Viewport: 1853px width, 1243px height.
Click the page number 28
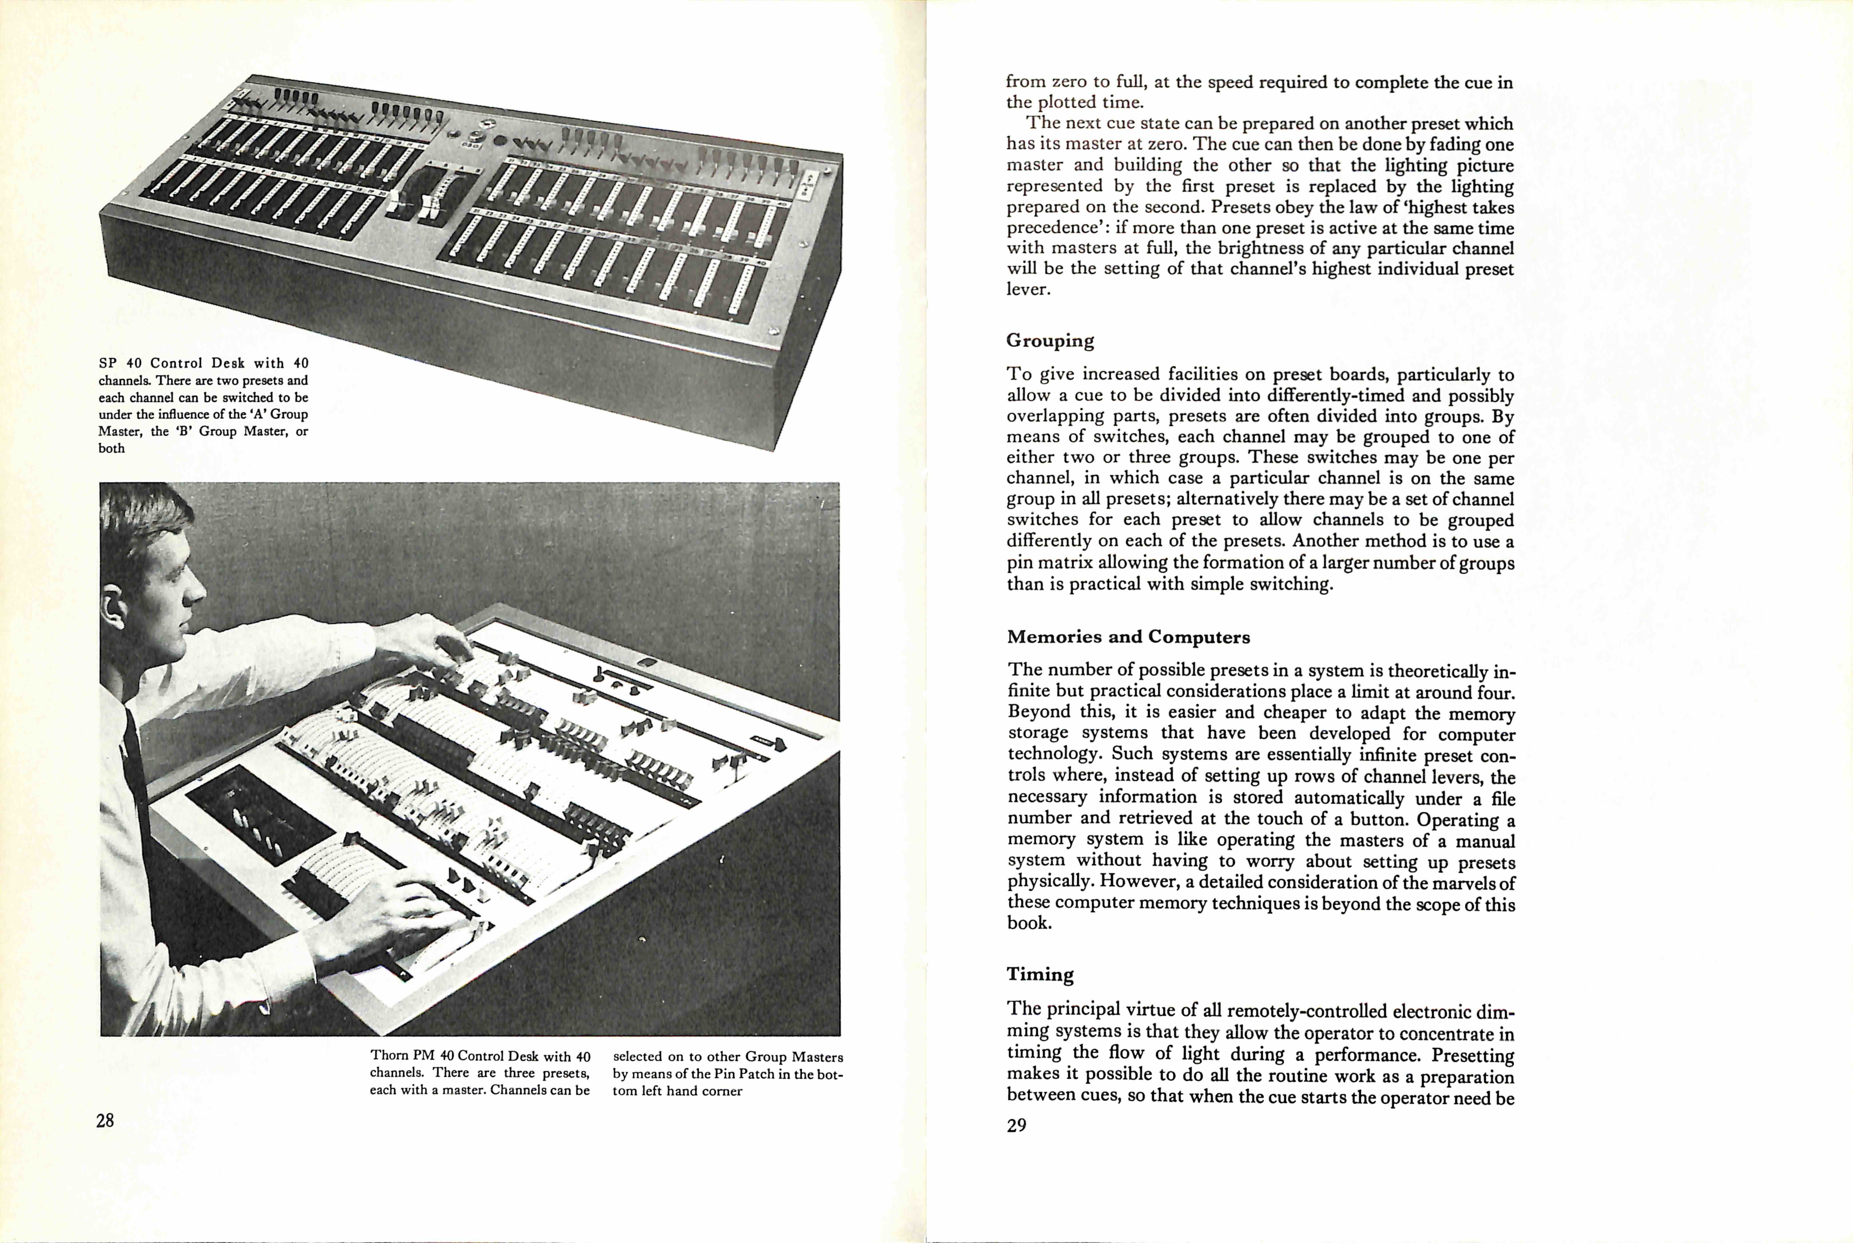coord(105,1120)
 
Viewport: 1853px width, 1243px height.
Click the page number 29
coord(1017,1125)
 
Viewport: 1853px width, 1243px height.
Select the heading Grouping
coord(1050,341)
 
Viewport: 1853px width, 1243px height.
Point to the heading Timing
coord(1039,974)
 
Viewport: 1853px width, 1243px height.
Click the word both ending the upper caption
coord(112,448)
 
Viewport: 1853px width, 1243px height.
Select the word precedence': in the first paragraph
coord(1054,227)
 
